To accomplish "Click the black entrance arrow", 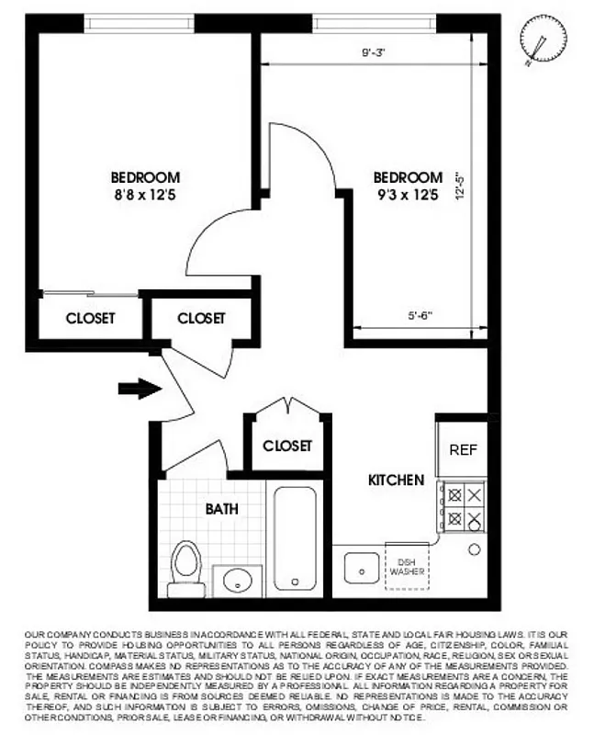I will click(x=139, y=389).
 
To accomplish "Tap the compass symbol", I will click(x=538, y=40).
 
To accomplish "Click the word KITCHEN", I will click(x=396, y=480).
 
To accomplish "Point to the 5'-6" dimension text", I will click(x=420, y=316).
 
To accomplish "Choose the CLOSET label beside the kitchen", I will click(x=287, y=446).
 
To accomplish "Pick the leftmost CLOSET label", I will click(x=91, y=318).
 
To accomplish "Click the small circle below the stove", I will click(x=474, y=549).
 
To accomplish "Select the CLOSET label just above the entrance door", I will click(x=200, y=318).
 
